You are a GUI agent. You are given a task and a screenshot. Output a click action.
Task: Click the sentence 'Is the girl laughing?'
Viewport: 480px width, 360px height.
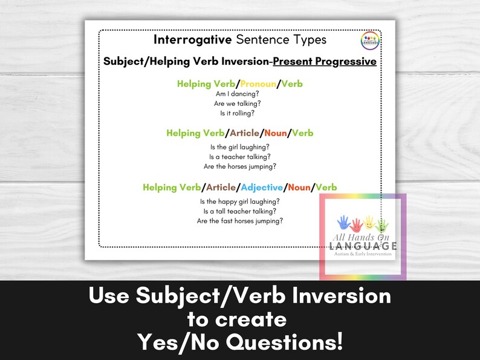(x=239, y=147)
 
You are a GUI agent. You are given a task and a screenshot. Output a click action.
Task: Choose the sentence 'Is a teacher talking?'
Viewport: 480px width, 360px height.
(x=239, y=157)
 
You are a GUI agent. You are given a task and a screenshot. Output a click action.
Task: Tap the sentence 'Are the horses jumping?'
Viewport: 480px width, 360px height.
(x=239, y=166)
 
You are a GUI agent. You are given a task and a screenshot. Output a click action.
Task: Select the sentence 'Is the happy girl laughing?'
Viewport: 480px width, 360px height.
(x=239, y=201)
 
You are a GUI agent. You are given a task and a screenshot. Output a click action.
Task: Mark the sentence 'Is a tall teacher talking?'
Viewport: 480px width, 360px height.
(x=239, y=211)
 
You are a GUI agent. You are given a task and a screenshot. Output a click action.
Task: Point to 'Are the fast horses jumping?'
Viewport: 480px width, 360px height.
(x=239, y=221)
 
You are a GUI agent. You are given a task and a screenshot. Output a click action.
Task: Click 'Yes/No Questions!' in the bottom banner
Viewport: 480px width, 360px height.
(x=240, y=341)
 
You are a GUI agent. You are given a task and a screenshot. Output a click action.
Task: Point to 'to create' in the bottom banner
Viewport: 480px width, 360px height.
(x=240, y=319)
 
